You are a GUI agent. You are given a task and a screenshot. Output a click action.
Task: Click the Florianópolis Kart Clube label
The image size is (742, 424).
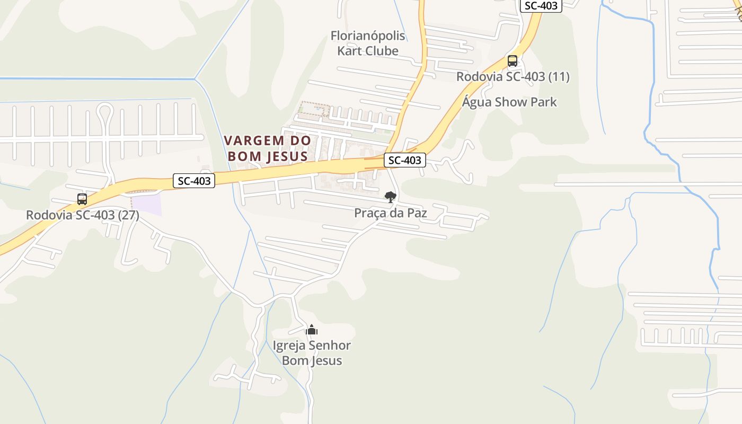[368, 43]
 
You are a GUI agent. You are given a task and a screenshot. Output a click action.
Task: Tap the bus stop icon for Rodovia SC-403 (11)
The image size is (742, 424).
[512, 61]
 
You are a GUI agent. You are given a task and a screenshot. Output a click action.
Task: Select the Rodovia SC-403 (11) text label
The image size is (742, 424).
[513, 77]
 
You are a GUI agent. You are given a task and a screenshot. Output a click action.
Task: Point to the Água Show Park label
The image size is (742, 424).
[509, 102]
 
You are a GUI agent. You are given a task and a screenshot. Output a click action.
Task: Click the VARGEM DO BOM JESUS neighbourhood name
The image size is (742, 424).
[267, 148]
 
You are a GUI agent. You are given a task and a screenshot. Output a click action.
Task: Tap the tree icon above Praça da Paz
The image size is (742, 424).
[391, 197]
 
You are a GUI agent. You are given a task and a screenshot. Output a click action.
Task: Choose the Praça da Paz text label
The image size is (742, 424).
[391, 213]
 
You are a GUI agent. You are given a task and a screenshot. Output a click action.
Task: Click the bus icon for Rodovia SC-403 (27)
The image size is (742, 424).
[82, 199]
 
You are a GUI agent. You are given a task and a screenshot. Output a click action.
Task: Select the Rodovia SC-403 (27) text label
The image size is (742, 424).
[83, 216]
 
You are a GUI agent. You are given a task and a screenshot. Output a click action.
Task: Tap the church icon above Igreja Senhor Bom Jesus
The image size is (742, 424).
[312, 330]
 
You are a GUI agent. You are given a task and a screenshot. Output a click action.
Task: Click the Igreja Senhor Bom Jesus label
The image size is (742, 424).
[312, 353]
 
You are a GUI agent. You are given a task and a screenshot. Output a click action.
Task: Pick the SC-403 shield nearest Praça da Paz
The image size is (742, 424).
[405, 160]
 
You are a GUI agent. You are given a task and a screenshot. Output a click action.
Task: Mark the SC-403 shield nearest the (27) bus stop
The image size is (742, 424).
[194, 181]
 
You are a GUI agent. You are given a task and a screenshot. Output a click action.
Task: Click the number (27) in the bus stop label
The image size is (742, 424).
[128, 216]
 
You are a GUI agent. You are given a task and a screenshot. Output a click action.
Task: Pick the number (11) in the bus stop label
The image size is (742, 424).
[559, 77]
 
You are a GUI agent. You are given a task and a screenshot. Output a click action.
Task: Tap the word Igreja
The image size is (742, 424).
[289, 346]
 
